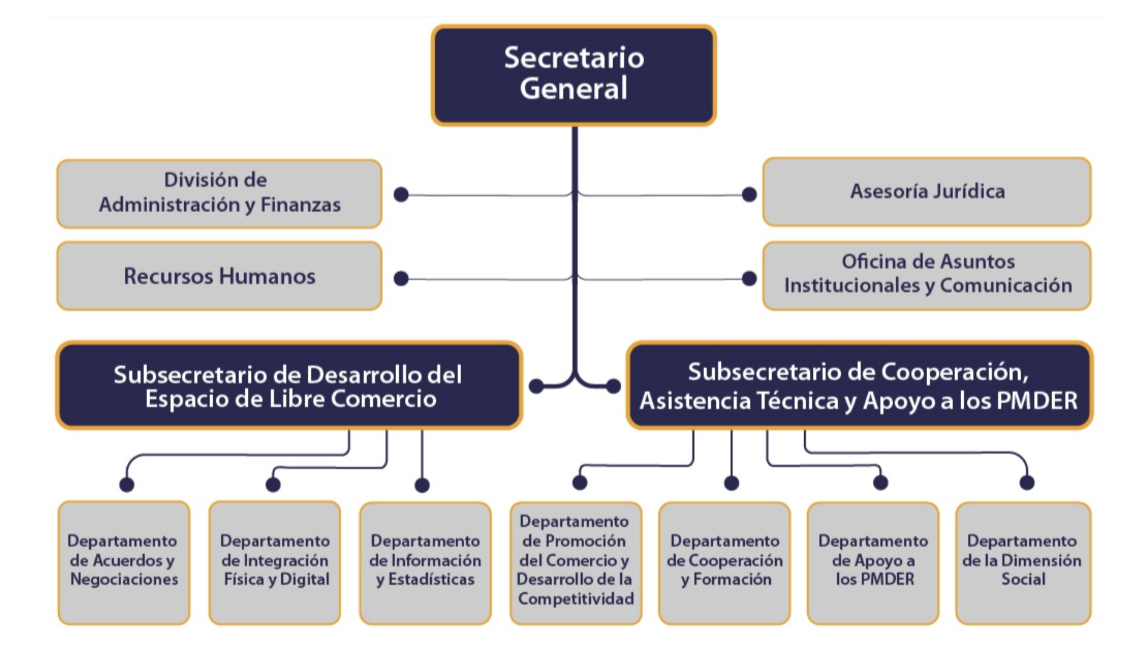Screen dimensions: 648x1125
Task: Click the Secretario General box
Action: (574, 75)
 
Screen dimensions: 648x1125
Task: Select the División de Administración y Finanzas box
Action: (219, 194)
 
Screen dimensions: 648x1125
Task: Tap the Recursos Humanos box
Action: (219, 276)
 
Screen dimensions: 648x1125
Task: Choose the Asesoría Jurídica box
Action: (927, 192)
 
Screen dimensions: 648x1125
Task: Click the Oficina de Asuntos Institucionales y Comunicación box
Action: (927, 275)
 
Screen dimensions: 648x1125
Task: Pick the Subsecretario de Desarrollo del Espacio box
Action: (289, 385)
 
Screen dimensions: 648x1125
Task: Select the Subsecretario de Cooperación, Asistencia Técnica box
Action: (859, 385)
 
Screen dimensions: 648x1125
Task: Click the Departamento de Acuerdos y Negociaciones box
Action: (124, 562)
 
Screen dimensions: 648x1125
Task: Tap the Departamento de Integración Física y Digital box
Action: (274, 562)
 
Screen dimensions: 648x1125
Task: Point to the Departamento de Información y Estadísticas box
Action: (425, 562)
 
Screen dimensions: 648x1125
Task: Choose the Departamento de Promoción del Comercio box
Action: (575, 562)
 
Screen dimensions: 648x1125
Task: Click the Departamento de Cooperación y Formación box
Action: (724, 562)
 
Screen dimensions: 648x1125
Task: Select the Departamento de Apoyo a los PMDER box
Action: (873, 562)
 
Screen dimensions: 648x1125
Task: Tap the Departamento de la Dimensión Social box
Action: (1023, 562)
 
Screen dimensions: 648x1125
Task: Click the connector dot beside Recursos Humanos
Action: (401, 279)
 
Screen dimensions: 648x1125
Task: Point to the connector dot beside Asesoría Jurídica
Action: (749, 195)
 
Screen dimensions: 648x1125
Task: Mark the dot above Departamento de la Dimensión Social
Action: (1027, 482)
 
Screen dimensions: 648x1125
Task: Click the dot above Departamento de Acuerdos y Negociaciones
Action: (127, 484)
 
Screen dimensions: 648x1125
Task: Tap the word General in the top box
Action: (574, 88)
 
